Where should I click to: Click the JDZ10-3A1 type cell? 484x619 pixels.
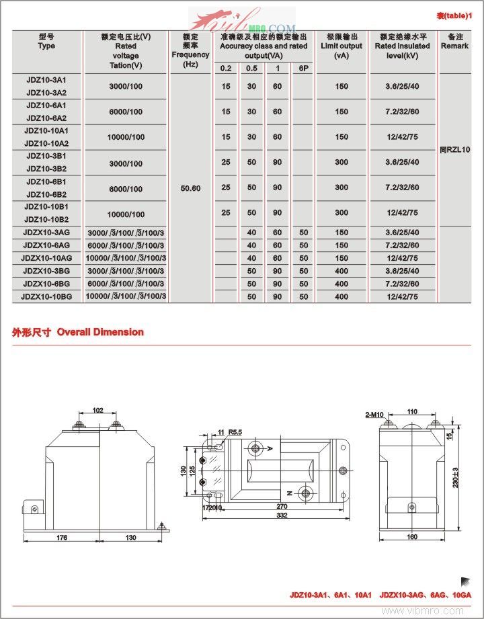pyautogui.click(x=46, y=79)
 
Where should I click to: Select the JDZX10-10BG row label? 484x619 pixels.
pyautogui.click(x=46, y=296)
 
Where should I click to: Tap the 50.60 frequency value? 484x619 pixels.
pyautogui.click(x=191, y=188)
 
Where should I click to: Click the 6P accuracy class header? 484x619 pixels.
pyautogui.click(x=302, y=69)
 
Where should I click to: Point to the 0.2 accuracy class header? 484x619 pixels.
pyautogui.click(x=226, y=69)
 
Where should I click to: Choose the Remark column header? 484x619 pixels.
pyautogui.click(x=454, y=42)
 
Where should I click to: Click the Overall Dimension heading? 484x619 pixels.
pyautogui.click(x=77, y=332)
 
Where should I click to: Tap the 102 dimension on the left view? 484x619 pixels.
pyautogui.click(x=98, y=409)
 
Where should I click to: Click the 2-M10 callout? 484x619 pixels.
pyautogui.click(x=374, y=415)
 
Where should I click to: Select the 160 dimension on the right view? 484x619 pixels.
pyautogui.click(x=412, y=537)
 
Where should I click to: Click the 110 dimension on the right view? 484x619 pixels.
pyautogui.click(x=411, y=411)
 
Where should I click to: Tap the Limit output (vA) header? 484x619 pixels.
pyautogui.click(x=342, y=46)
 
